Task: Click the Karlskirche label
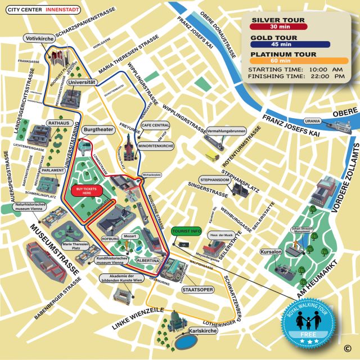click(x=204, y=331)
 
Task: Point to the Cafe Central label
click(x=155, y=125)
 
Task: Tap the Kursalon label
click(x=271, y=251)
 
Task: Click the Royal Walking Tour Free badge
click(x=308, y=327)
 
